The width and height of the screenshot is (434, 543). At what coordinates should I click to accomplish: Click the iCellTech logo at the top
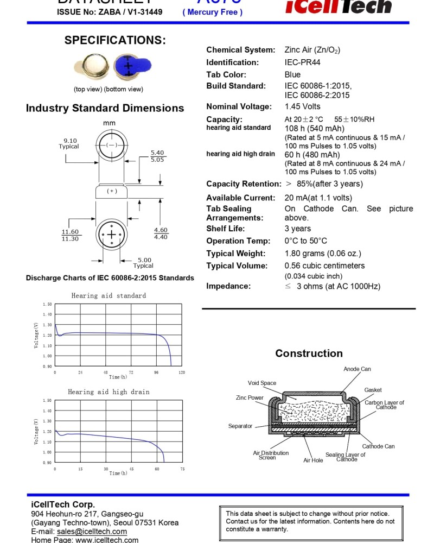pos(339,7)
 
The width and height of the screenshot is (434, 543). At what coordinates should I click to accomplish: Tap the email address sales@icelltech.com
pos(92,531)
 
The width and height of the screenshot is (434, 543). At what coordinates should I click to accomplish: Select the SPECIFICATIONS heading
pos(115,40)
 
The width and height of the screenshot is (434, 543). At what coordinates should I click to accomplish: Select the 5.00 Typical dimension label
pos(144,263)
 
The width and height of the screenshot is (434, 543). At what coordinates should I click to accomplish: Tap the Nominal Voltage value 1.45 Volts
pos(302,106)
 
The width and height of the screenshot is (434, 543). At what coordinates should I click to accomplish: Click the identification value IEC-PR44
pos(302,62)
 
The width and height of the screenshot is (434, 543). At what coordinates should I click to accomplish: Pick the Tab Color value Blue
pos(292,74)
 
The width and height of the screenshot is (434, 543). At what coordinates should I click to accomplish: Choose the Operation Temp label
pos(238,241)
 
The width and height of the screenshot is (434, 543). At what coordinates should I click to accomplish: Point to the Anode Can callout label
pos(357,369)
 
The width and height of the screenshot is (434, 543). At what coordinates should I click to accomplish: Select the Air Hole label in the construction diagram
pos(313,460)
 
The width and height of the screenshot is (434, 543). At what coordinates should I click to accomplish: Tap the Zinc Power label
pos(250,398)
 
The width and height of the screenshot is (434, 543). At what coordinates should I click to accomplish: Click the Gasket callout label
pos(373,390)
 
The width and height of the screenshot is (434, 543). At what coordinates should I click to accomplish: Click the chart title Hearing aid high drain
pos(108,392)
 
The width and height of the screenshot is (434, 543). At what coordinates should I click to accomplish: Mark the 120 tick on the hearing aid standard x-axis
pos(182,372)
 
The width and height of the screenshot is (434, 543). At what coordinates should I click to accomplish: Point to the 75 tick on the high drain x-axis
pos(182,469)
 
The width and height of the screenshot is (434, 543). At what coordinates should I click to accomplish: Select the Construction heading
pos(309,353)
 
